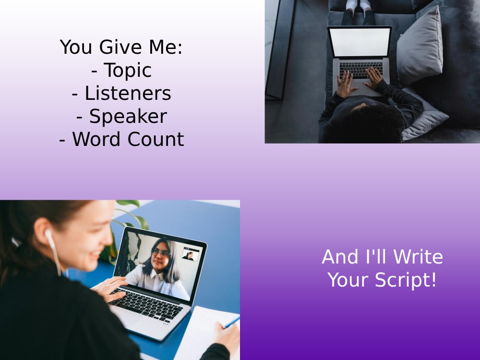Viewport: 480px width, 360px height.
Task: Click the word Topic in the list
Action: [x=128, y=71]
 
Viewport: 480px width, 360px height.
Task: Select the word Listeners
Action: [x=128, y=94]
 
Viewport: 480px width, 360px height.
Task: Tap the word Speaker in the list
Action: [x=128, y=117]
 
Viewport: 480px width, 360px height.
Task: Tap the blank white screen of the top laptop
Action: [x=360, y=42]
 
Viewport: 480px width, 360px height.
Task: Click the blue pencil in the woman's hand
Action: [x=231, y=322]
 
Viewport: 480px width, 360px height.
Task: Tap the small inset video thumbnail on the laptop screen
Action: [x=191, y=254]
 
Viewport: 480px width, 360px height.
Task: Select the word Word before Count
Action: [x=97, y=139]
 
